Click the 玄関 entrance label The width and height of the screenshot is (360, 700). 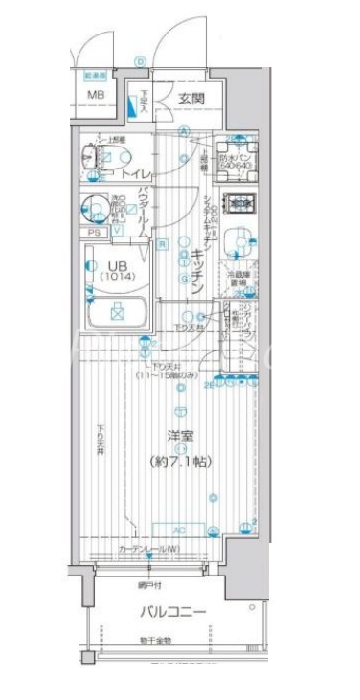pos(190,99)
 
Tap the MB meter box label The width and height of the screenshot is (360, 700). pos(97,95)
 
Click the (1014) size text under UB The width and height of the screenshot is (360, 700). pos(115,277)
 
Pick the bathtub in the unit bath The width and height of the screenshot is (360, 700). pos(115,310)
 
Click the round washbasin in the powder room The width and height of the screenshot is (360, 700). pos(94,206)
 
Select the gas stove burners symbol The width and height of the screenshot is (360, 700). pos(236,205)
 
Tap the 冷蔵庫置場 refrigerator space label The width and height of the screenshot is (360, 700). pos(238,279)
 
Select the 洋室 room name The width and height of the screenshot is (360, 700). pos(181,437)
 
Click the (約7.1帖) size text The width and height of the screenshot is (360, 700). pos(181,462)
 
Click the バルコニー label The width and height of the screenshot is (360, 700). pos(173,610)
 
